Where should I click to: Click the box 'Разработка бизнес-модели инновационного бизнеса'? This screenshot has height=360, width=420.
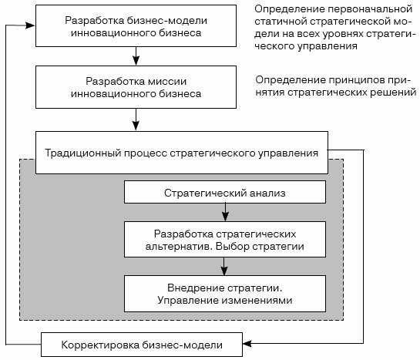click(136, 26)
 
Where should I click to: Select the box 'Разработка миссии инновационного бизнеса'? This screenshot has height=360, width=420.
click(136, 87)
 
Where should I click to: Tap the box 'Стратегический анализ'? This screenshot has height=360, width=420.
click(225, 192)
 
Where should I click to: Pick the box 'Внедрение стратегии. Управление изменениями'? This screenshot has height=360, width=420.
click(225, 294)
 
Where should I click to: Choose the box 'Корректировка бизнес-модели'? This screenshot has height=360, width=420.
click(142, 345)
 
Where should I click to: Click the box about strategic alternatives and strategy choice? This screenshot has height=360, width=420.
click(225, 240)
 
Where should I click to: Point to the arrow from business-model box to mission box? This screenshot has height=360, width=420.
click(136, 56)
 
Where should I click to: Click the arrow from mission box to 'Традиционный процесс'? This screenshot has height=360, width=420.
click(136, 119)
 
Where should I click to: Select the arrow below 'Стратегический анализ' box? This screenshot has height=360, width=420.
click(225, 212)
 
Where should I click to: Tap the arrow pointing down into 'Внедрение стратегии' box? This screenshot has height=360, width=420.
click(224, 266)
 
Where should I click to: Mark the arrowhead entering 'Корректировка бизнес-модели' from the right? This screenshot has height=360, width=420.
click(247, 343)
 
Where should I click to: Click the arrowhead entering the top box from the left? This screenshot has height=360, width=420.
click(30, 25)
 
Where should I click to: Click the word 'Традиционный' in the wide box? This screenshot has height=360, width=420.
click(82, 153)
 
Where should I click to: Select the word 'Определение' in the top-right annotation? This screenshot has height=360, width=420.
click(290, 10)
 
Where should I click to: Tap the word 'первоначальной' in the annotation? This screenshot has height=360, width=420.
click(370, 10)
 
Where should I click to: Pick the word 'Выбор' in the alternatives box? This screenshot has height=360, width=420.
click(232, 246)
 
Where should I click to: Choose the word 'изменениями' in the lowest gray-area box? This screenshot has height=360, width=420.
click(257, 301)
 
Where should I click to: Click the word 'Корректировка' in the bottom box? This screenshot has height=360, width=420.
click(100, 345)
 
